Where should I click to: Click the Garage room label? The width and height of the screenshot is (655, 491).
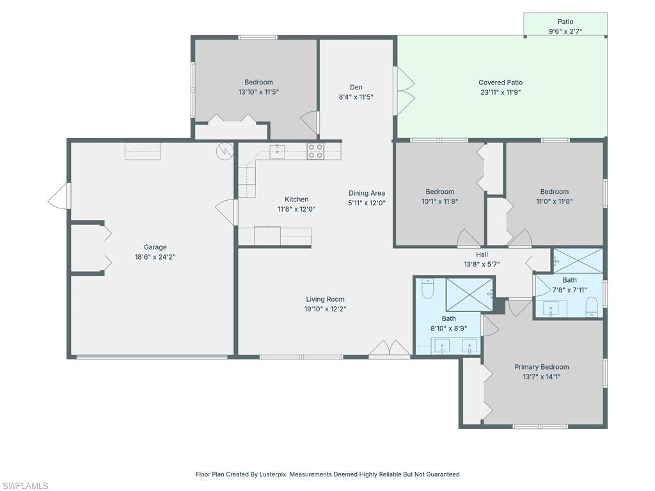pos(155,247)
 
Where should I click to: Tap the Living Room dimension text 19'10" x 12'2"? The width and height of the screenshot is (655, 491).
pos(326,309)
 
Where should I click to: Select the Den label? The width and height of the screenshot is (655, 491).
pos(356,88)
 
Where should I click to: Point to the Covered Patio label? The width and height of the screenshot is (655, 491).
pos(500,82)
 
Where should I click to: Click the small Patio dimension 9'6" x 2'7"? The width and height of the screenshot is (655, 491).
pos(565,31)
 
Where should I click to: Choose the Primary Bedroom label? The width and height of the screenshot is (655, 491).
pos(541,367)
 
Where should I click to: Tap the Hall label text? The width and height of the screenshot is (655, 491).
pos(482,254)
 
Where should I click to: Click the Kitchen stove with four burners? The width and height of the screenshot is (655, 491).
pos(315,151)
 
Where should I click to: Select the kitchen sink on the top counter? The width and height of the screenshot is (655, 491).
pos(277,151)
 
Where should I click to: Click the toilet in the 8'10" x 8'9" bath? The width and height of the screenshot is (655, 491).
pos(428,289)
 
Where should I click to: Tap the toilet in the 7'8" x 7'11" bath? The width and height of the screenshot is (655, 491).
pos(592,306)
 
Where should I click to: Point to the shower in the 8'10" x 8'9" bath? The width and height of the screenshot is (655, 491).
pos(470,295)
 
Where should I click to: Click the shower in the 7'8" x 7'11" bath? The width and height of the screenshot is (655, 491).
pos(578,261)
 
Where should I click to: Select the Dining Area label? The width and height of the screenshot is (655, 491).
pos(367,193)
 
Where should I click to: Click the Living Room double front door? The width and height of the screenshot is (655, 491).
pos(390,349)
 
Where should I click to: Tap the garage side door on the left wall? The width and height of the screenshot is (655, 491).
pos(59,196)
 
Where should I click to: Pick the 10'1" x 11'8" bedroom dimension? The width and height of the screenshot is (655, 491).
pos(440,201)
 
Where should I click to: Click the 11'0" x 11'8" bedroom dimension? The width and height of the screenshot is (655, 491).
pos(554,201)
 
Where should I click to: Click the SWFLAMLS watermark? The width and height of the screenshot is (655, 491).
pos(25,486)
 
